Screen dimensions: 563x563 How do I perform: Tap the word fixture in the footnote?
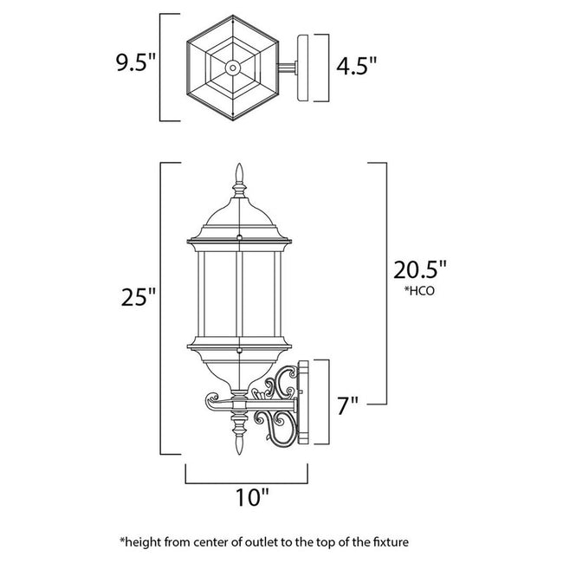(385, 542)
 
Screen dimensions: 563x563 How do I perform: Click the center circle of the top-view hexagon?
(232, 67)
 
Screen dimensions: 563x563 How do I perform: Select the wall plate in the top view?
(304, 68)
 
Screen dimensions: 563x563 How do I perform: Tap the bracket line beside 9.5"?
(161, 67)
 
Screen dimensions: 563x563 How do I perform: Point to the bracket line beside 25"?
(163, 307)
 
